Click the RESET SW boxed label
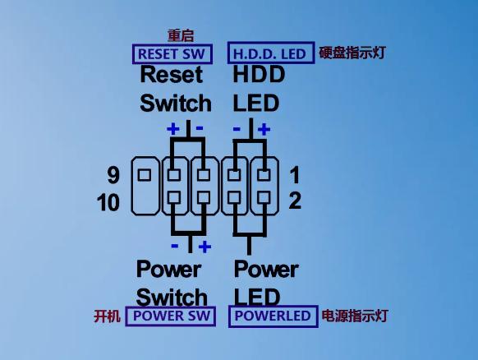point(172,54)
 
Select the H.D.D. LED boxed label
point(271,53)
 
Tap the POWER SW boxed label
point(170,316)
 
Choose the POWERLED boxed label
point(273,316)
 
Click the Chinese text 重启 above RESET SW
point(181,35)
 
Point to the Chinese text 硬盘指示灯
point(352,53)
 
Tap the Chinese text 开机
point(107,316)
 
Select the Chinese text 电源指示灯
point(355,316)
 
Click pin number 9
point(113,175)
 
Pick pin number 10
point(108,202)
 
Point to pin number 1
point(295,175)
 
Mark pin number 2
point(295,201)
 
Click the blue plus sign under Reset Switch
point(173,129)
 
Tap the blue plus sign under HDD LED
point(264,129)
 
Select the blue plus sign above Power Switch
point(205,247)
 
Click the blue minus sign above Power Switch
point(175,246)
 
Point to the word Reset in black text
point(172,75)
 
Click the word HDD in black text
point(259,75)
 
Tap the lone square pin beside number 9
point(145,175)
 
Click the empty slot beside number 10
point(145,202)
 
